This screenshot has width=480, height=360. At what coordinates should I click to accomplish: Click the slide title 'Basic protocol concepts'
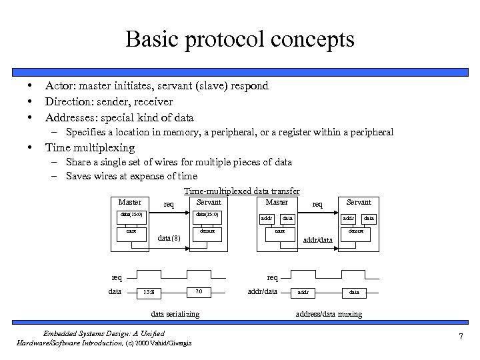pos(240,39)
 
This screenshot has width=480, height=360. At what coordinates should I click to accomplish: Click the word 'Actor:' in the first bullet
pos(61,85)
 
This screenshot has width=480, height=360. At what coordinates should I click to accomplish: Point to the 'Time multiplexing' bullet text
pos(89,147)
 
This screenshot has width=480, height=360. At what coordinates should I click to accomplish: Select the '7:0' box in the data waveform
pos(198,292)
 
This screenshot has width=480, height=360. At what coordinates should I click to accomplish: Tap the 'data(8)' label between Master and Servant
pos(169,239)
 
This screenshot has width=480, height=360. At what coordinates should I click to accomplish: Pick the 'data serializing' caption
pos(175,314)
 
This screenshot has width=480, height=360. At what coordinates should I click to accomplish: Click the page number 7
pos(460,337)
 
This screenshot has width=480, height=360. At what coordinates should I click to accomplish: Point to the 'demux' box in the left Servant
pos(207,231)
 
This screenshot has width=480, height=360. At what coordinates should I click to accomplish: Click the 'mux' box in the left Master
pos(131,231)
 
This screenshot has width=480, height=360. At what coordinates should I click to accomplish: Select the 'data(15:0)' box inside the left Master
pos(131,215)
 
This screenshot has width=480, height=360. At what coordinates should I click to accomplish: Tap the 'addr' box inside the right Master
pos(267,218)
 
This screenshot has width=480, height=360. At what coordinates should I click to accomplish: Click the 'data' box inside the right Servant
pos(369,218)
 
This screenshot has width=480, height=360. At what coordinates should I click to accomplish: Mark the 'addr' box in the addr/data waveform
pos(303,292)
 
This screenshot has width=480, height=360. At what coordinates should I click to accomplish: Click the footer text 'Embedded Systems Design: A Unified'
pos(103,333)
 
